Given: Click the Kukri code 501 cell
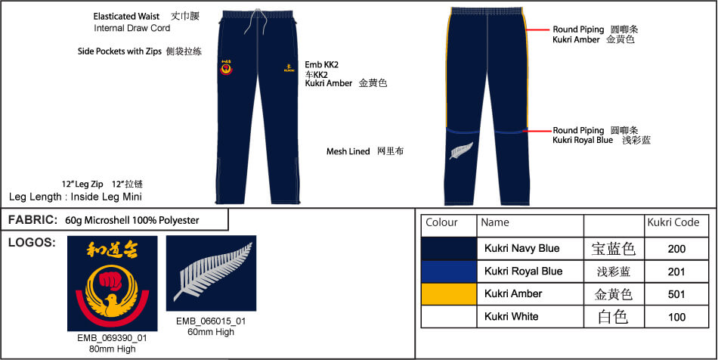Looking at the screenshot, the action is click(x=676, y=294).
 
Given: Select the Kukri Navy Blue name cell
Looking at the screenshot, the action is click(x=530, y=249).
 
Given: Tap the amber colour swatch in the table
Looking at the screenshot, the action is click(x=449, y=294).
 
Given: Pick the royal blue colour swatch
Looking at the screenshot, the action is click(x=449, y=272).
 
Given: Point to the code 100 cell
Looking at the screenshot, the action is click(x=676, y=317).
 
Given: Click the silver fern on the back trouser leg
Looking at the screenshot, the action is click(x=461, y=151).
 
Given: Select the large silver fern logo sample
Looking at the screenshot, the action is click(x=211, y=274).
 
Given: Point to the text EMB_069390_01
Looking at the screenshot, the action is click(x=112, y=339).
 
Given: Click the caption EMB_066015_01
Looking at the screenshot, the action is click(x=211, y=321).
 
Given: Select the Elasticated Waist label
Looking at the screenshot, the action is click(x=126, y=17).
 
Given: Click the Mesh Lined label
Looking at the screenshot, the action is click(x=348, y=151).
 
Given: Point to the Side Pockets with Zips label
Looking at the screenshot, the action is click(x=119, y=51).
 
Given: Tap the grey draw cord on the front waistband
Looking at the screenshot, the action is click(x=250, y=21).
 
